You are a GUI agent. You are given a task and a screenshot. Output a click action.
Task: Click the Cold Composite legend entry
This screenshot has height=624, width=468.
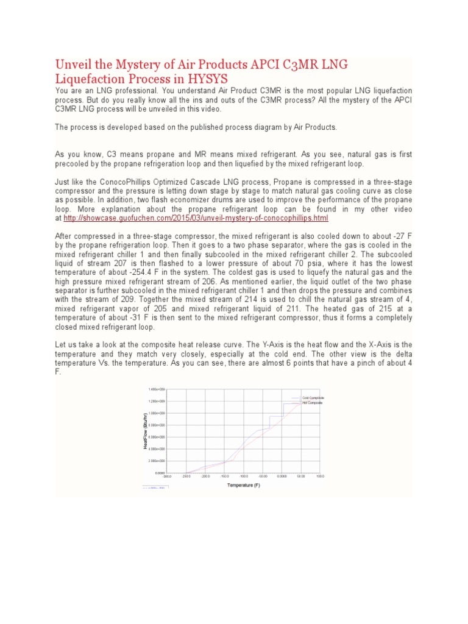(313, 397)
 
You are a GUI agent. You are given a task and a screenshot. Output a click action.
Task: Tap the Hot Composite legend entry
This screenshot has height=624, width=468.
(312, 403)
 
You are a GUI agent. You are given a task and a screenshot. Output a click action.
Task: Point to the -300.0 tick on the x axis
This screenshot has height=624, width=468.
(168, 477)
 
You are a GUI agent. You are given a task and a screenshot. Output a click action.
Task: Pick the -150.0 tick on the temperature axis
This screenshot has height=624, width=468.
(224, 477)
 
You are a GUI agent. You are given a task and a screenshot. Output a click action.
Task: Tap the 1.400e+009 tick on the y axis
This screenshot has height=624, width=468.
(157, 389)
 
